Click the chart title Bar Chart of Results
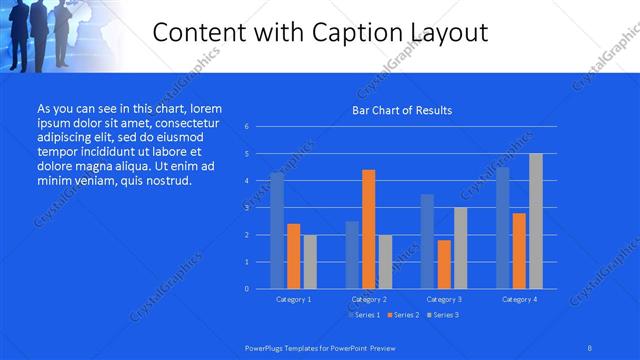coord(402,110)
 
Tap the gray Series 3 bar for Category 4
coord(535,221)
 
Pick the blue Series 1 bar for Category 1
coord(277,231)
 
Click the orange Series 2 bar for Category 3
coord(444,264)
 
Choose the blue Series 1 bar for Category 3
coord(427,241)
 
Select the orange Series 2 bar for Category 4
coord(519,250)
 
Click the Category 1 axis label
coord(294,299)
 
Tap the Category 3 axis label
coord(444,299)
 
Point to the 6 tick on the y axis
coord(246,127)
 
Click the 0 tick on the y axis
coord(246,289)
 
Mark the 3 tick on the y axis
coord(246,208)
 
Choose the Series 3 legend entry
coord(442,315)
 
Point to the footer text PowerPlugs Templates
coord(290,347)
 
